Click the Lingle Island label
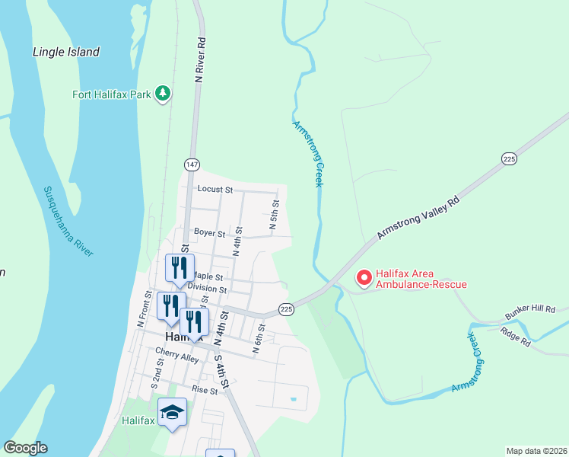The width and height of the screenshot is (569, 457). (x=66, y=52)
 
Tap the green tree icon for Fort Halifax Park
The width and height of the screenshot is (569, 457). (x=162, y=93)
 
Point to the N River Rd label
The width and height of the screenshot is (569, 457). (x=201, y=61)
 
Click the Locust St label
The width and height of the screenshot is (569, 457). (x=215, y=189)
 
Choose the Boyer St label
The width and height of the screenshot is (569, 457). (x=209, y=232)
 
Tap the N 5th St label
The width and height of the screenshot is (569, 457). (x=275, y=216)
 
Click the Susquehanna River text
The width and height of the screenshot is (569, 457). (x=68, y=221)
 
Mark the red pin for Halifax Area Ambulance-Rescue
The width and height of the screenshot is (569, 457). (x=364, y=278)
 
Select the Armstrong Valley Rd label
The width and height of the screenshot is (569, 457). (x=419, y=221)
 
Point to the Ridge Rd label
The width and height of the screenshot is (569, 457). (x=515, y=337)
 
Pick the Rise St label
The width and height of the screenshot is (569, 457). (x=205, y=390)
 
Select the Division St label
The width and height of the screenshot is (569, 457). (x=207, y=289)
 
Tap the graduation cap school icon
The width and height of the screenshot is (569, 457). (x=173, y=412)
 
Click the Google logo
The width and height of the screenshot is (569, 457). (x=25, y=448)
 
